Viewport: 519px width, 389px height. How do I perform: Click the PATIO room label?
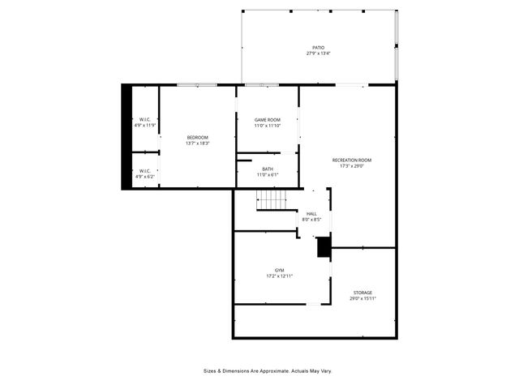[x=318, y=48]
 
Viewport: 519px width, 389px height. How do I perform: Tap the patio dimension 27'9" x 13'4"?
[x=318, y=54]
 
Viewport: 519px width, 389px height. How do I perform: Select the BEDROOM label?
[x=198, y=138]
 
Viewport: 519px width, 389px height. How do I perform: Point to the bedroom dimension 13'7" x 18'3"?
[x=198, y=143]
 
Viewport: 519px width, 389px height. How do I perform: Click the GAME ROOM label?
[x=267, y=120]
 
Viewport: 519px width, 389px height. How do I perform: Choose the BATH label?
[x=267, y=169]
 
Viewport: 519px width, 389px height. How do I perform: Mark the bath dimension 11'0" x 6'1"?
[x=267, y=174]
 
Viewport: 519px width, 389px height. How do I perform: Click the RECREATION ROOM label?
[x=351, y=160]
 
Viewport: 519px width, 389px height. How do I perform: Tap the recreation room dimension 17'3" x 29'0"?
[x=351, y=166]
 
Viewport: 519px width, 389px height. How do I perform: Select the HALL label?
[x=311, y=214]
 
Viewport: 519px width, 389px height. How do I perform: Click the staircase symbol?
[x=272, y=199]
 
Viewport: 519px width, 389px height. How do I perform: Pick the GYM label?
[x=279, y=270]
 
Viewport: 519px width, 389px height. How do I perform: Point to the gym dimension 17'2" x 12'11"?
[x=279, y=276]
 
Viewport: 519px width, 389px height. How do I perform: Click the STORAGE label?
[x=362, y=293]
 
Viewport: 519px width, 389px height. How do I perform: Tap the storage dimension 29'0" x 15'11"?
[x=362, y=298]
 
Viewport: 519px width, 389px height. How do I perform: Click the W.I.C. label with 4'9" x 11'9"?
[x=144, y=120]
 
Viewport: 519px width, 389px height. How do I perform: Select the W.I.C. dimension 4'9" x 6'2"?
[x=144, y=177]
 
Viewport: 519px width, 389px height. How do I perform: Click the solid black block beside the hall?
[x=324, y=247]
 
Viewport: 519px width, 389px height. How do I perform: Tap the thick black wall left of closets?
[x=126, y=136]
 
